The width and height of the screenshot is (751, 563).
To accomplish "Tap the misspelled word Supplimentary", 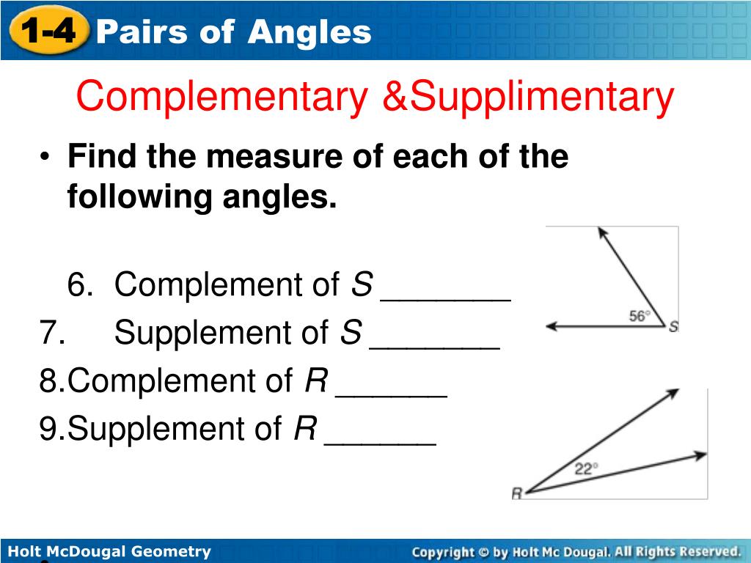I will pos(541,97).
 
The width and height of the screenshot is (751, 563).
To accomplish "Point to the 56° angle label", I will pos(640,316).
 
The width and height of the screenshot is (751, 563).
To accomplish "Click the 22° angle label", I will pos(586,469).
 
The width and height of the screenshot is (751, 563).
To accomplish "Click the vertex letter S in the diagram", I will pos(673,327).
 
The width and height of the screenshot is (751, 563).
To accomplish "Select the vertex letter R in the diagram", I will pos(516,494).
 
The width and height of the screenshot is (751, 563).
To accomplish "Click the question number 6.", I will pos(78,284).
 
